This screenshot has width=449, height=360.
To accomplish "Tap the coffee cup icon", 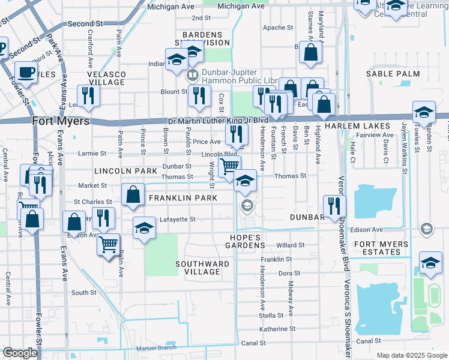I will click(x=25, y=73).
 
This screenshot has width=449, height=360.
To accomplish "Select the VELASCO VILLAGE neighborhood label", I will click(x=107, y=77).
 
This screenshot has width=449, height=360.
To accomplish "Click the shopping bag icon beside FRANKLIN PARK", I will click(x=133, y=195).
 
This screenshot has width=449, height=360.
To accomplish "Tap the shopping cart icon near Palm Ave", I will click(x=108, y=244).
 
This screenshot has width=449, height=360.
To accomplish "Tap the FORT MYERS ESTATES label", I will click(x=385, y=248).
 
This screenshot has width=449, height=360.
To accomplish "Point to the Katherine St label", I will click(x=277, y=329).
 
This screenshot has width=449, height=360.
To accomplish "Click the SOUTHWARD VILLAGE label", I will click(x=202, y=268).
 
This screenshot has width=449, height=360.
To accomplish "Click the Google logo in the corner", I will click(x=20, y=353).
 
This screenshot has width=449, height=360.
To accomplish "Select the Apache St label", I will click(x=277, y=28).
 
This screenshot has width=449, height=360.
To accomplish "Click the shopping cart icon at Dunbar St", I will click(x=229, y=166).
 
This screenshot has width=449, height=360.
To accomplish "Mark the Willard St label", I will click(x=291, y=246).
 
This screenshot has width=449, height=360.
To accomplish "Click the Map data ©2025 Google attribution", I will click(x=412, y=355).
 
